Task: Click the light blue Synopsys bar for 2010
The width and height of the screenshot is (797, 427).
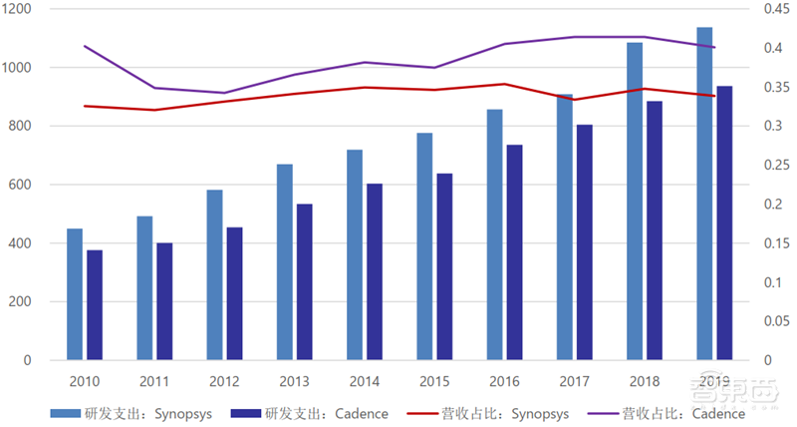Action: point(75,294)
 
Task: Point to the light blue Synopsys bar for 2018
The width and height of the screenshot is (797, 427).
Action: point(635,201)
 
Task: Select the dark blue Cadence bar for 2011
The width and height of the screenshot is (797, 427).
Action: point(164,301)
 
